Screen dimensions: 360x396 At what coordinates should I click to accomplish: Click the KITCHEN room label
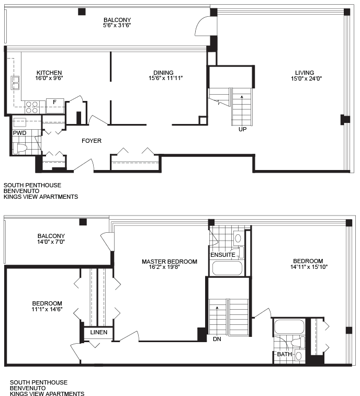click(49, 73)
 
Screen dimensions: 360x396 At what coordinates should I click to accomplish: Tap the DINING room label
click(163, 73)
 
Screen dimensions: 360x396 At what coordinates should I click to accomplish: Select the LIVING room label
click(305, 73)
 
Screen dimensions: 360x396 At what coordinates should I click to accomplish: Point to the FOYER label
click(92, 141)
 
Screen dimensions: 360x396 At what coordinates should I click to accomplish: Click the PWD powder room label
click(20, 133)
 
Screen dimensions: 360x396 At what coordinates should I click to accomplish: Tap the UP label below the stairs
click(242, 129)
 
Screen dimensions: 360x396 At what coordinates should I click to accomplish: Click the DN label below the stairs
click(217, 339)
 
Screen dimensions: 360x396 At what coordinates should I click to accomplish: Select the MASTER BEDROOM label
click(170, 262)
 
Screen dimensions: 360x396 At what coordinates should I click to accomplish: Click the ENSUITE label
click(223, 255)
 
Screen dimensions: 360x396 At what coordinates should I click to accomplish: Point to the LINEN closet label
click(99, 332)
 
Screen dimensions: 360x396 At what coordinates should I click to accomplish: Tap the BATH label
click(285, 354)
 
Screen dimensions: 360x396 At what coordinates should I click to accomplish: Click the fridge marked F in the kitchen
click(55, 106)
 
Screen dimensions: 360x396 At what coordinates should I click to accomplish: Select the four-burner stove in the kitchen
click(32, 107)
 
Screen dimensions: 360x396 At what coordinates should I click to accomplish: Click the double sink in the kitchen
click(15, 83)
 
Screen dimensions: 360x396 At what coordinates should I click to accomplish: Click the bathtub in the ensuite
click(227, 268)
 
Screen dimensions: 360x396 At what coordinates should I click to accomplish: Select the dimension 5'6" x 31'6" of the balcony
click(117, 25)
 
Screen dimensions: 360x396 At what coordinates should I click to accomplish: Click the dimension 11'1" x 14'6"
click(47, 309)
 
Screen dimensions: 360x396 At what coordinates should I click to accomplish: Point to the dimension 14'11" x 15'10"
click(309, 267)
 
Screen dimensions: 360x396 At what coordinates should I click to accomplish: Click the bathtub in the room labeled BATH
click(289, 327)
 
